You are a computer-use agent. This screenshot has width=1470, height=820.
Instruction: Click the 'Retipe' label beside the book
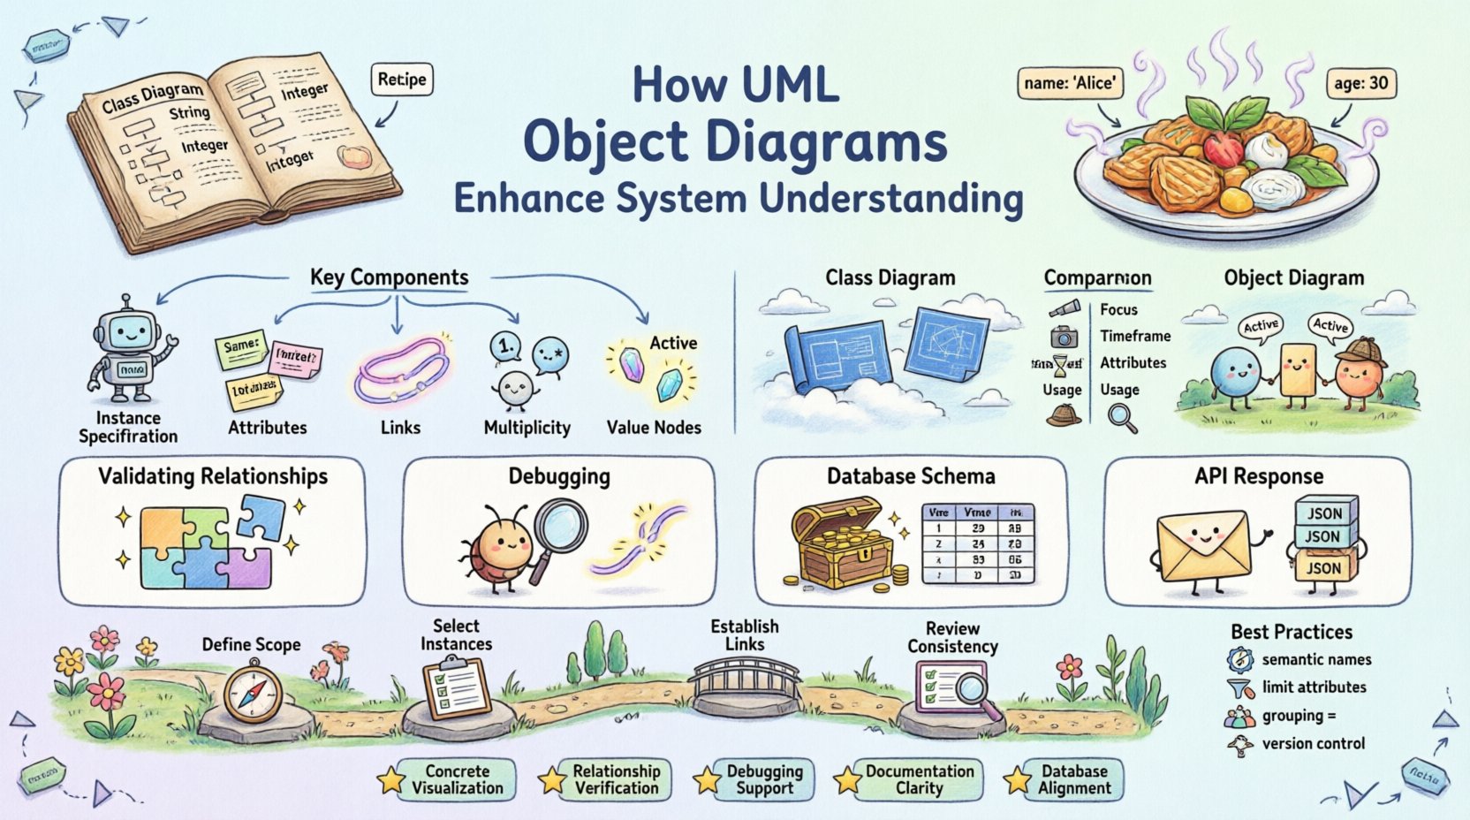pos(401,80)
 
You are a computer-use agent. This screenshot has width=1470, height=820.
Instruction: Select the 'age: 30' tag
pos(1361,84)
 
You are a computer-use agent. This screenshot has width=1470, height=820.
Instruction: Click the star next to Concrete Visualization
pos(390,780)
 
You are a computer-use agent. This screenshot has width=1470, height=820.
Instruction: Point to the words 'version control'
pos(1313,743)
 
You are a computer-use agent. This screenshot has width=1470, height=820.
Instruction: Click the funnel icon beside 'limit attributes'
pos(1240,688)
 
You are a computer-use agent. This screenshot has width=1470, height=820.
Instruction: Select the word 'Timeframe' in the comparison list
pos(1135,336)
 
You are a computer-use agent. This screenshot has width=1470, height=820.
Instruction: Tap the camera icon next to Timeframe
pos(1065,337)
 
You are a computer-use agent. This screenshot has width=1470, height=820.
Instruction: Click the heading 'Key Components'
pos(389,277)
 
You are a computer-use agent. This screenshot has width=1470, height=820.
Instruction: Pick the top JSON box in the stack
pos(1324,512)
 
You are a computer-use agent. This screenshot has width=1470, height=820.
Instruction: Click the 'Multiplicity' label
pos(527,428)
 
